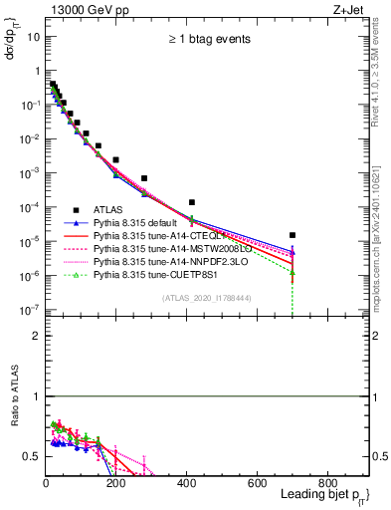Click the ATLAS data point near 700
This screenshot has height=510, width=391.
click(293, 235)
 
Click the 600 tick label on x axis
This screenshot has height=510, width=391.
click(258, 483)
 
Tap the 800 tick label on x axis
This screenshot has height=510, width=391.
click(327, 483)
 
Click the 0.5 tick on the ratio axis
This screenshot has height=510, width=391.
click(32, 456)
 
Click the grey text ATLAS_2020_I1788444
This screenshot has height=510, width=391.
click(207, 297)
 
